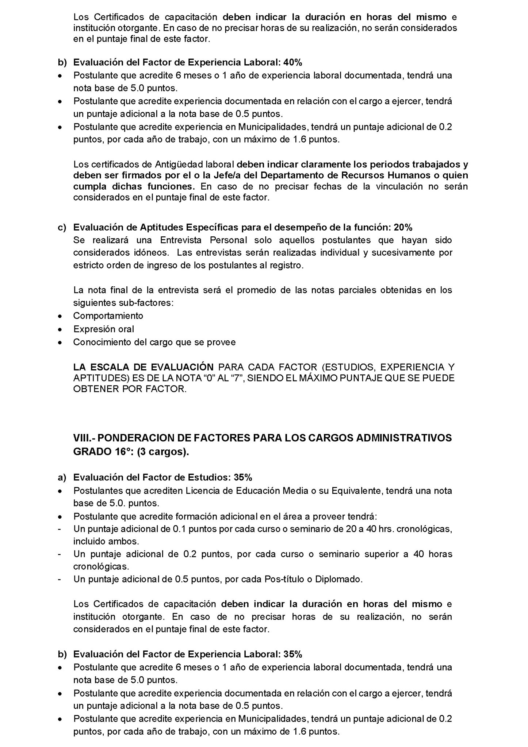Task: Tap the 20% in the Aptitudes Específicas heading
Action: click(x=403, y=228)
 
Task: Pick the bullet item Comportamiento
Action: click(x=108, y=316)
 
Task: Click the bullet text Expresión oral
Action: click(x=103, y=329)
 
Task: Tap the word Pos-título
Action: click(x=284, y=579)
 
